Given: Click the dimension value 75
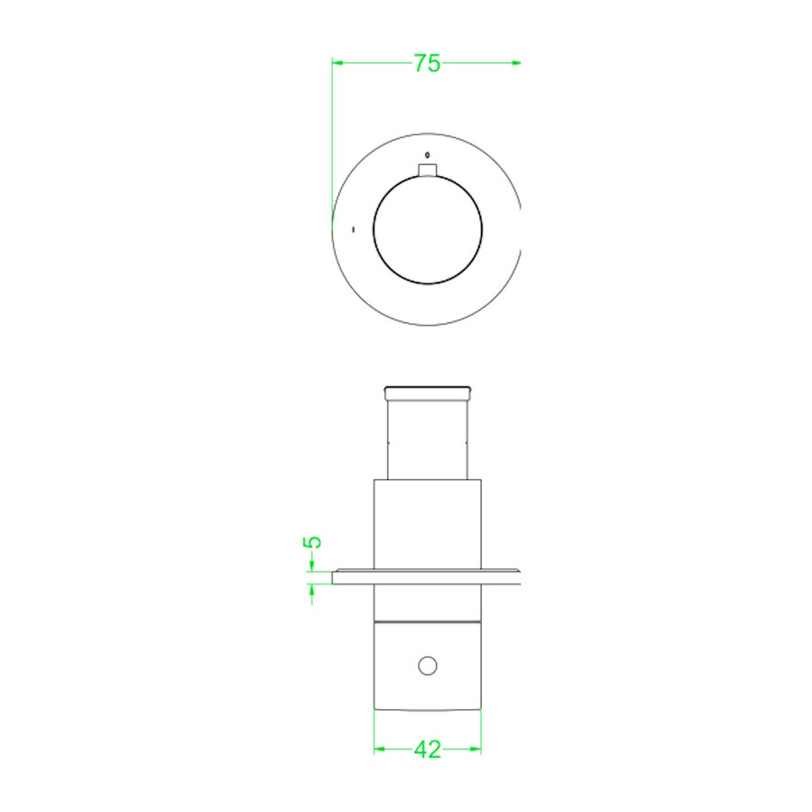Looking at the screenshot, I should coord(427,63).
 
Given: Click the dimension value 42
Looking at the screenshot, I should coord(427,749).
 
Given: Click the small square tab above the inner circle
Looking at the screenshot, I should coord(428,171).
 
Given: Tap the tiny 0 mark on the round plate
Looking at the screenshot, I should coord(428,154).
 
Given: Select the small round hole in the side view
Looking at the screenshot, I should coord(428,666).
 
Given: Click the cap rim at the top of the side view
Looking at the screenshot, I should coord(428,392).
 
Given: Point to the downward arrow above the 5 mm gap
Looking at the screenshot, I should coord(311,566).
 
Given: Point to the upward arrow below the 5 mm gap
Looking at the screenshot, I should coord(311,590).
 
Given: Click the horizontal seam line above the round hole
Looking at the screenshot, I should coord(428,623).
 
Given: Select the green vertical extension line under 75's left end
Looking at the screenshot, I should coord(332,135).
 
